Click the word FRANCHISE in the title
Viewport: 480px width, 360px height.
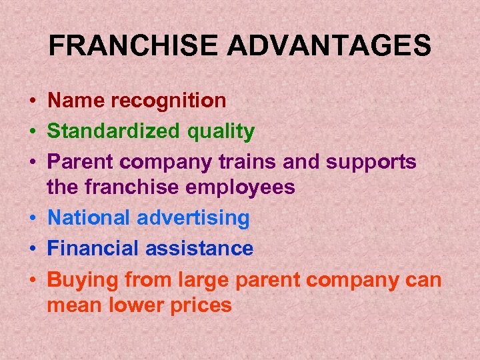click(133, 46)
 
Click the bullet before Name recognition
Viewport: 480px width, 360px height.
click(32, 101)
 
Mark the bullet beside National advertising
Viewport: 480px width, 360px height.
click(32, 218)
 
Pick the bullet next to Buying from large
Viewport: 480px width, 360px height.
click(32, 280)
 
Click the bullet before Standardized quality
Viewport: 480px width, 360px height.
click(32, 132)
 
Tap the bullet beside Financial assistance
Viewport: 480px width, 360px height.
click(32, 249)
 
